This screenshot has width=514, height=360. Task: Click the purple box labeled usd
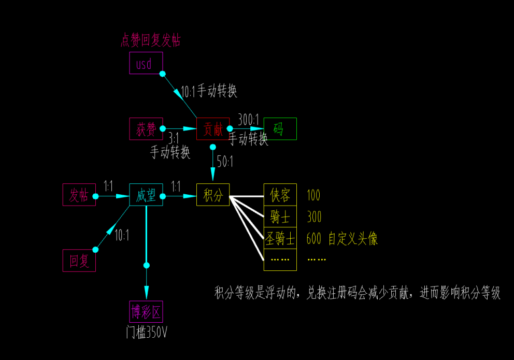point(146,63)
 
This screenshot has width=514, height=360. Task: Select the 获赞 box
point(146,129)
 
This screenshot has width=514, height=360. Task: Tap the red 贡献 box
point(212,129)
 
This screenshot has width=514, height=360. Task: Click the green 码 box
point(280,129)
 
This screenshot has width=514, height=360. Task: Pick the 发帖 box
point(79,195)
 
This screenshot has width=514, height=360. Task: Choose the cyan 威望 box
point(146,195)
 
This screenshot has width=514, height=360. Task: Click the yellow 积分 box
point(212,195)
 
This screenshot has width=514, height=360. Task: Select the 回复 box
point(79,261)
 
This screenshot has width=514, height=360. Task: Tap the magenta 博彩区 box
point(146,312)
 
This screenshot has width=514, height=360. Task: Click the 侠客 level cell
point(280,195)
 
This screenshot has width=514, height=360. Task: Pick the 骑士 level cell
point(280,217)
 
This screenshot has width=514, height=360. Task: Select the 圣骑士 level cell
point(280,238)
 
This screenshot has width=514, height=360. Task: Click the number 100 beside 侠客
point(313,195)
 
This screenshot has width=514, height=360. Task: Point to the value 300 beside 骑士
point(313,217)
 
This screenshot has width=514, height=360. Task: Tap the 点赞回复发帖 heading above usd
point(150,40)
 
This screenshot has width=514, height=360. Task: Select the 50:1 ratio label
point(225,162)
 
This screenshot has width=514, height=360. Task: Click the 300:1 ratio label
point(248,120)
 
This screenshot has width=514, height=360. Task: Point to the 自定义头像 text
point(353,238)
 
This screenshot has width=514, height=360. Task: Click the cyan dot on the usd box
point(162,74)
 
